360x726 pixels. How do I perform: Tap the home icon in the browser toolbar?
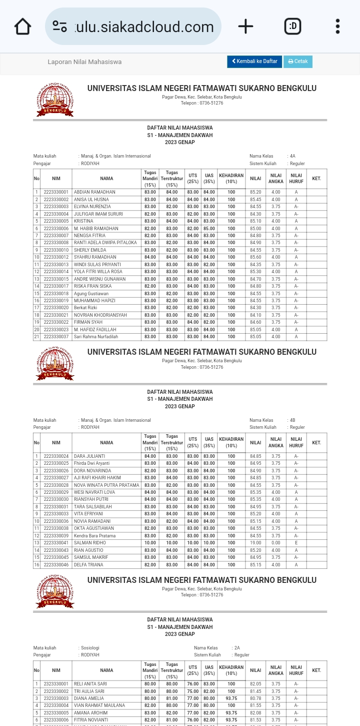tap(22, 27)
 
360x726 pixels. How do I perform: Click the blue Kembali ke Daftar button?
tap(254, 62)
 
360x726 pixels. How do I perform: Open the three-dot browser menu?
tap(337, 27)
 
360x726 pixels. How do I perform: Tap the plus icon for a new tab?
tap(245, 27)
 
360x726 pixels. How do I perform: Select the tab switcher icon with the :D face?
tap(292, 27)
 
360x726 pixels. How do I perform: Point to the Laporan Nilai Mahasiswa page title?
tap(84, 62)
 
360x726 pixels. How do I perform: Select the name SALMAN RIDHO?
tap(90, 543)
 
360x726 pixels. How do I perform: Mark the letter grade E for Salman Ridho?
tap(296, 543)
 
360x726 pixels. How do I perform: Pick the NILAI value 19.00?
tap(255, 543)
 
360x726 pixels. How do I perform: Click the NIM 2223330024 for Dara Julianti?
tap(56, 456)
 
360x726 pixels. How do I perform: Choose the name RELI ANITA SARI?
tap(90, 684)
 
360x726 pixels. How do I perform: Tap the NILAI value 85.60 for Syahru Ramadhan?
tap(255, 257)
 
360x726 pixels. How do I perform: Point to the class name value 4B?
tap(292, 420)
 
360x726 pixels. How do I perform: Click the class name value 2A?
tap(237, 648)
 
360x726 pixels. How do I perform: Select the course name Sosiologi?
tap(90, 648)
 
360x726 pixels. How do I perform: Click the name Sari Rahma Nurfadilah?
tap(96, 337)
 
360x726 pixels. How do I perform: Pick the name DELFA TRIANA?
tap(88, 565)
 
